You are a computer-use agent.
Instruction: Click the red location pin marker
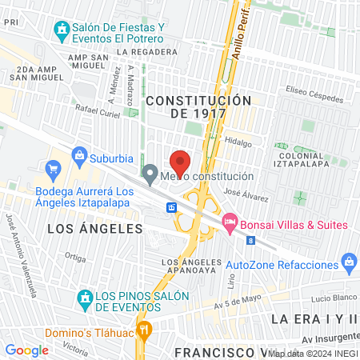[180, 162]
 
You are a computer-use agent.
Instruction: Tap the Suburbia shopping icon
[79, 154]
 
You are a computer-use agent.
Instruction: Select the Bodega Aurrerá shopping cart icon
[54, 169]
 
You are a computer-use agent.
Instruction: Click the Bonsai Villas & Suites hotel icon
[230, 220]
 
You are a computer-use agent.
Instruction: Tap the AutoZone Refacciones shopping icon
[349, 262]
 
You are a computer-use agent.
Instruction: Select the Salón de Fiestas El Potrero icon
[61, 31]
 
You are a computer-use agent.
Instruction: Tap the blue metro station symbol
[172, 208]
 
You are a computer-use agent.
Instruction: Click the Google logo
[26, 350]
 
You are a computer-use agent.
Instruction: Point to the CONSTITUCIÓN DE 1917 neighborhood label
[198, 107]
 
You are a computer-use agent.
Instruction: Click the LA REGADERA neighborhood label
[151, 53]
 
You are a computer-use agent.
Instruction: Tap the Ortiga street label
[75, 258]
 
